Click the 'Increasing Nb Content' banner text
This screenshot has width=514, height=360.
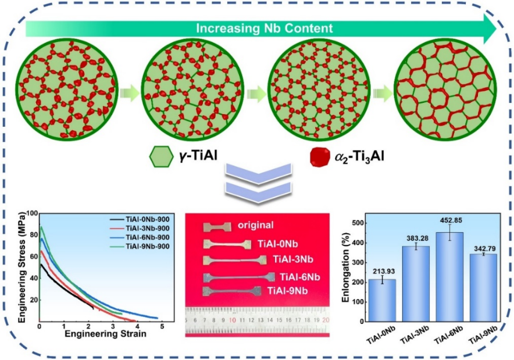pyautogui.click(x=264, y=28)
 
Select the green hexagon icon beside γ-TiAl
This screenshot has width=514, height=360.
pyautogui.click(x=161, y=156)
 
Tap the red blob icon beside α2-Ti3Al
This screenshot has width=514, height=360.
pyautogui.click(x=320, y=156)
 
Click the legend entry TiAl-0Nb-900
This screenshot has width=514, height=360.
pyautogui.click(x=148, y=219)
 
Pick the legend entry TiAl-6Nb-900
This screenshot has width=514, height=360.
pyautogui.click(x=148, y=237)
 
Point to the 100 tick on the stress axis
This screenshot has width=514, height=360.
pyautogui.click(x=32, y=213)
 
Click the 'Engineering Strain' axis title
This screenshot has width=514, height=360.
pyautogui.click(x=105, y=334)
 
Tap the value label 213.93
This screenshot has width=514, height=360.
pyautogui.click(x=384, y=272)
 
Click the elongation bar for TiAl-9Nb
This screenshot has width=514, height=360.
pyautogui.click(x=483, y=288)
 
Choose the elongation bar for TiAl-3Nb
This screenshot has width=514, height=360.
pyautogui.click(x=416, y=284)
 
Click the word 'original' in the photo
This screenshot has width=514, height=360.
pyautogui.click(x=255, y=225)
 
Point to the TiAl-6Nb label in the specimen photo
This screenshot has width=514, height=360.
pyautogui.click(x=300, y=277)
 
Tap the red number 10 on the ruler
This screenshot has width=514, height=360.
pyautogui.click(x=233, y=320)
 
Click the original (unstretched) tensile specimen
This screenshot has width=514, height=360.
pyautogui.click(x=217, y=227)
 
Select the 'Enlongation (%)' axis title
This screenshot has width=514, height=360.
pyautogui.click(x=346, y=268)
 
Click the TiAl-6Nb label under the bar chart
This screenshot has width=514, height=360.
pyautogui.click(x=448, y=336)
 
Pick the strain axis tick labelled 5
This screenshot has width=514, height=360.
pyautogui.click(x=162, y=327)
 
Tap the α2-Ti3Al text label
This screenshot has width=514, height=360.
pyautogui.click(x=359, y=156)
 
